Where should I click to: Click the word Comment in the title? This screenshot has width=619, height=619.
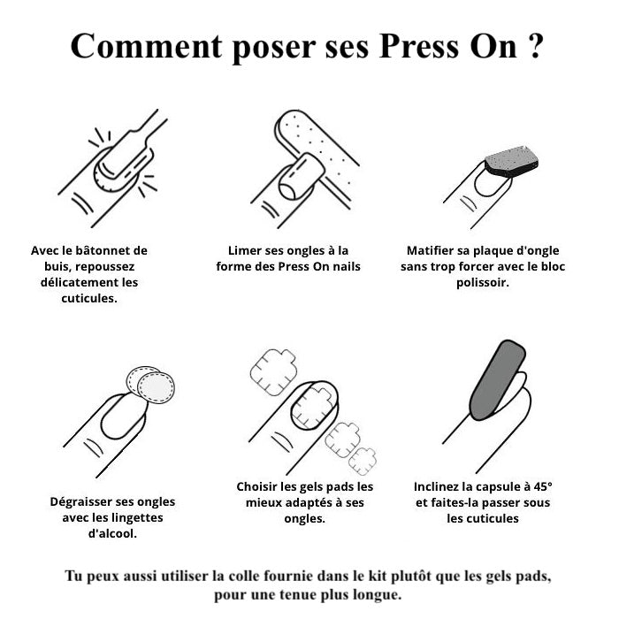[146, 46]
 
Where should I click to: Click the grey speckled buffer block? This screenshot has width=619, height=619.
[512, 162]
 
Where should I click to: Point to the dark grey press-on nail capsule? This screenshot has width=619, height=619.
[498, 379]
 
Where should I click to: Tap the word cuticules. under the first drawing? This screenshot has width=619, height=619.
[89, 299]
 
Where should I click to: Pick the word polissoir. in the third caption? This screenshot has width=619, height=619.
[483, 283]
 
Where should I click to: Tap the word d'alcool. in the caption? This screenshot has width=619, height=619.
[112, 534]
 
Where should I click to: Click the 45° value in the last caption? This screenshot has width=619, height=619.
[543, 486]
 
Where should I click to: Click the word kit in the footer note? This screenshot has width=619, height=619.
[377, 576]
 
